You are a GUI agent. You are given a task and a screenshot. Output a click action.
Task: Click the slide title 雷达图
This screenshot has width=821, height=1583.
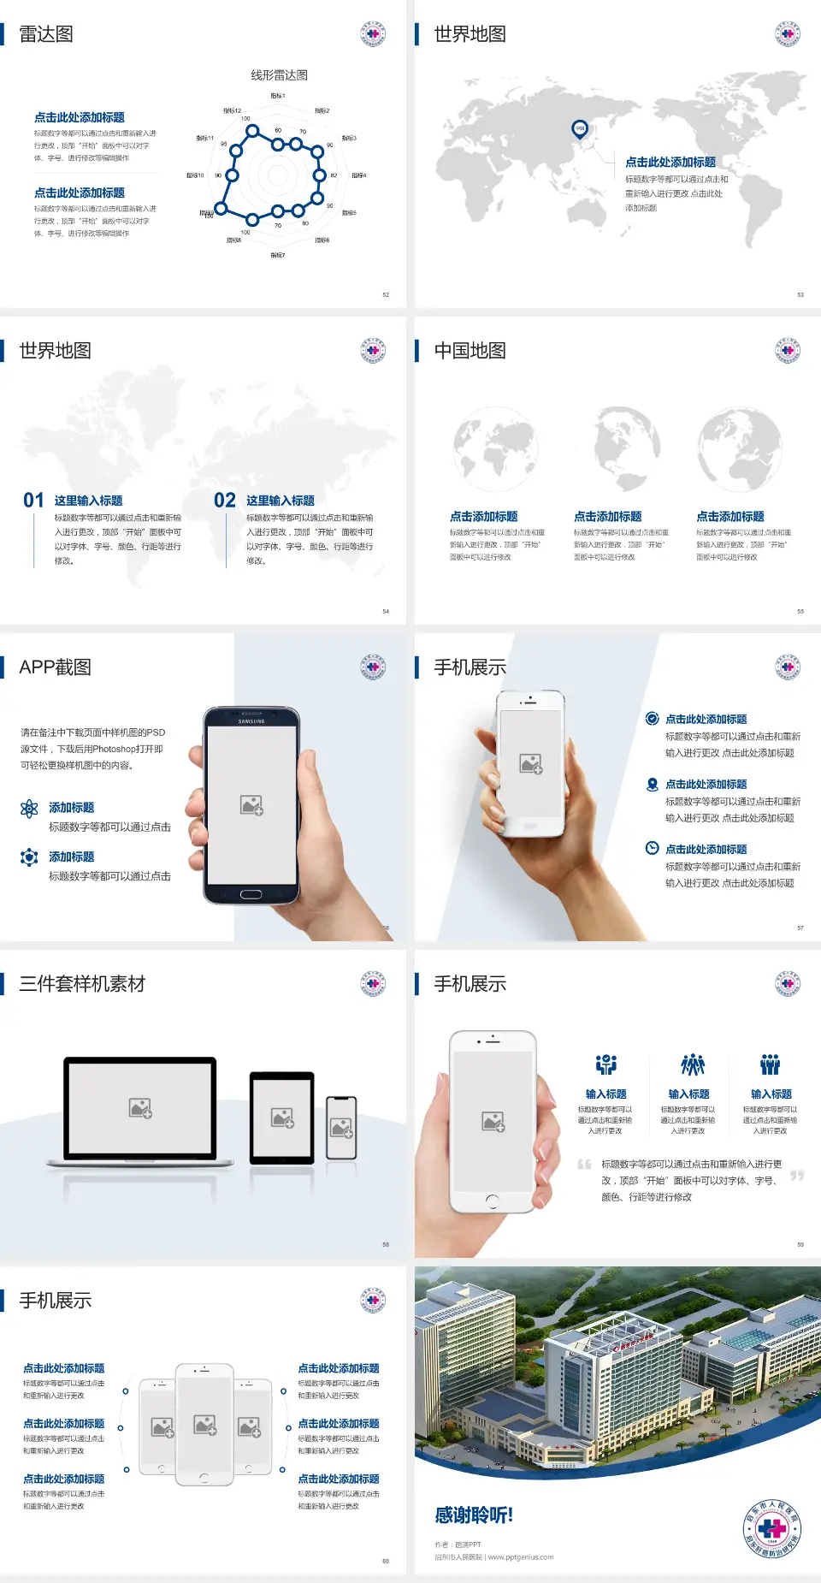click(x=46, y=34)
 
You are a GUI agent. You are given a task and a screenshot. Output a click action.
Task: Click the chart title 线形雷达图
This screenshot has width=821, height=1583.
click(x=279, y=75)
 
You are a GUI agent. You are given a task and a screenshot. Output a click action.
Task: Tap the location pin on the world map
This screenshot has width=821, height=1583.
click(x=580, y=129)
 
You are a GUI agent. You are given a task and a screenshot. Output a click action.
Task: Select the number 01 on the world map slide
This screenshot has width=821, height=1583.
click(x=33, y=501)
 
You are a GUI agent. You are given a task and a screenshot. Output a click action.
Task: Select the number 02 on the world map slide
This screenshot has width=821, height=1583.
click(x=225, y=501)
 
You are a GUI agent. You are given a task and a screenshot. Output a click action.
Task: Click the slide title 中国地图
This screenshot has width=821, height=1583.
click(x=470, y=351)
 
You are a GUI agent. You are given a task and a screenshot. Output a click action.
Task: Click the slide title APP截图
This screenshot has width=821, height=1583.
click(x=55, y=667)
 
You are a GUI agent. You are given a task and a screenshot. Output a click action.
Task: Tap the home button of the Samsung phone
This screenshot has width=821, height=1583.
click(x=251, y=894)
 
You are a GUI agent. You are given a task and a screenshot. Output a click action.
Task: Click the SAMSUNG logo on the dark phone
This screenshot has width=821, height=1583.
click(x=251, y=721)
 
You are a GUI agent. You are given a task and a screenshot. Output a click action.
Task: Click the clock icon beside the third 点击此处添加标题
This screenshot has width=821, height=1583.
click(x=652, y=848)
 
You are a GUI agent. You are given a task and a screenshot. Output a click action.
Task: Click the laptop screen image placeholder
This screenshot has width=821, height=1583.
click(x=140, y=1108)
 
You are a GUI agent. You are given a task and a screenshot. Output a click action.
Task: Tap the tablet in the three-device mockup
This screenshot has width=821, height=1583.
click(x=282, y=1117)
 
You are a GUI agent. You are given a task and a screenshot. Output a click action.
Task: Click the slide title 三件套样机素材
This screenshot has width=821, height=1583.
click(x=82, y=984)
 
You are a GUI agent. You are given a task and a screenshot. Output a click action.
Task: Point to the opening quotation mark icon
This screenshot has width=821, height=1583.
click(x=584, y=1164)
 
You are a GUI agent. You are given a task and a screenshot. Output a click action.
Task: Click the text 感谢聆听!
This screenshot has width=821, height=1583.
click(x=474, y=1515)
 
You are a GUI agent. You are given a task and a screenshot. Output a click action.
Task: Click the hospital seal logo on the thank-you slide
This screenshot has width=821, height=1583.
click(x=771, y=1528)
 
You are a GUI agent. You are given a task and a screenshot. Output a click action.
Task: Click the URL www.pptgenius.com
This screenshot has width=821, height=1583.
click(x=521, y=1557)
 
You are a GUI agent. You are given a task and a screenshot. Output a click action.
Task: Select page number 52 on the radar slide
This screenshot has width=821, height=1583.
click(x=386, y=294)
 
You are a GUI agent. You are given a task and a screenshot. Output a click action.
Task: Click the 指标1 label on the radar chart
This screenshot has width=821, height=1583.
click(x=278, y=96)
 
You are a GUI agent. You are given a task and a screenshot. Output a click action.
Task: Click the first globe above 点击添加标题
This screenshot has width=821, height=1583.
click(x=496, y=449)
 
